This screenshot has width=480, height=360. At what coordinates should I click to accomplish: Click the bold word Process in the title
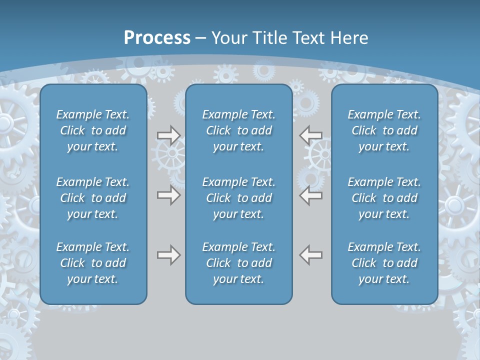[x=157, y=38]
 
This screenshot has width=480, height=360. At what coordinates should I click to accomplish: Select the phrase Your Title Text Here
[x=290, y=38]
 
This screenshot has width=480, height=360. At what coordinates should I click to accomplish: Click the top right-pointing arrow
[x=168, y=135]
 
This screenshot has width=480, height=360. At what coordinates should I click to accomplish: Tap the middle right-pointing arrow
[x=168, y=195]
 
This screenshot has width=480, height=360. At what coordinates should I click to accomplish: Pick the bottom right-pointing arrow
[x=168, y=255]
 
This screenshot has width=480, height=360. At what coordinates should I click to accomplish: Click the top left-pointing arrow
[x=311, y=135]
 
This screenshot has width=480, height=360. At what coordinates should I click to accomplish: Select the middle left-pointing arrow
[x=311, y=195]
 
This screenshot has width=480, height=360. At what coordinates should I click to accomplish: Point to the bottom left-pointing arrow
[x=311, y=255]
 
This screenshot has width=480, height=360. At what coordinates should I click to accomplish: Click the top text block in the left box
[x=93, y=130]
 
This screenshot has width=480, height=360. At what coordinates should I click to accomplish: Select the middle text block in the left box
[x=93, y=198]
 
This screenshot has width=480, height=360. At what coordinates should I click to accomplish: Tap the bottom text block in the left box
[x=93, y=263]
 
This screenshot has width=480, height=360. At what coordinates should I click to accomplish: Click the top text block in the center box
[x=239, y=130]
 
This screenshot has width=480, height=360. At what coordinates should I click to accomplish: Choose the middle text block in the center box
[x=239, y=198]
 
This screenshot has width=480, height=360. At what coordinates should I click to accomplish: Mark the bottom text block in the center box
[x=239, y=263]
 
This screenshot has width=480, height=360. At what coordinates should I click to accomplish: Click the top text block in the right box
[x=384, y=130]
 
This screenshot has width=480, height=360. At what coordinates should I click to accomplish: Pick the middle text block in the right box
[x=384, y=198]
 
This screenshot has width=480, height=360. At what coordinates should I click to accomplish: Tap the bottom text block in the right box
[x=384, y=263]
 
